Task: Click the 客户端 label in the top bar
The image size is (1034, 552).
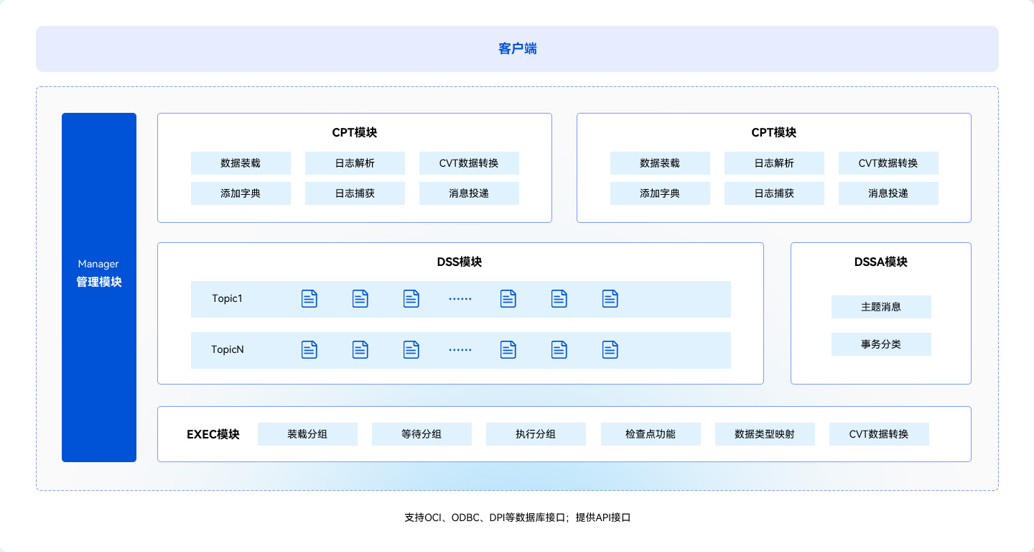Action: [x=517, y=49]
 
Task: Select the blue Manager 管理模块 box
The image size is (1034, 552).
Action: [x=99, y=287]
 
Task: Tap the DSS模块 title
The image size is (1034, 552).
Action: [x=460, y=262]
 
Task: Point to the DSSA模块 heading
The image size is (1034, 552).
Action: [x=880, y=262]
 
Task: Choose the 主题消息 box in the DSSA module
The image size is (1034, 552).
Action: [x=881, y=307]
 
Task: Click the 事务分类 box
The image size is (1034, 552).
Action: [x=881, y=344]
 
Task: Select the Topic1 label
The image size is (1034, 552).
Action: [x=227, y=298]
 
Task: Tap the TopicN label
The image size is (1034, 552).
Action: [x=227, y=349]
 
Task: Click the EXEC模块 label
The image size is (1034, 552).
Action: [x=213, y=434]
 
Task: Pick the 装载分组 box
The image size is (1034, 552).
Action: [x=307, y=434]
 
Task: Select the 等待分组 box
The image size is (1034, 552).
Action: [x=421, y=434]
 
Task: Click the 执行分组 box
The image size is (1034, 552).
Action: [x=536, y=434]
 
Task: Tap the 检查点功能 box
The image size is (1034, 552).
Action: [x=650, y=434]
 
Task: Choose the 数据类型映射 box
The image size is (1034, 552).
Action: [x=765, y=434]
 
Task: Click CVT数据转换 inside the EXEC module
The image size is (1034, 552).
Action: [x=879, y=434]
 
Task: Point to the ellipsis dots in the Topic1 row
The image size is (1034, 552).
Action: [x=460, y=298]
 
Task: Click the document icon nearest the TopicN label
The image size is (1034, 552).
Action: [x=309, y=349]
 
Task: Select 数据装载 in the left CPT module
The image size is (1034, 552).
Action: [x=241, y=163]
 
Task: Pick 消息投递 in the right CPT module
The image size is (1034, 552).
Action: [x=888, y=193]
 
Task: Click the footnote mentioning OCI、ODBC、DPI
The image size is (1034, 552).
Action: [x=517, y=517]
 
